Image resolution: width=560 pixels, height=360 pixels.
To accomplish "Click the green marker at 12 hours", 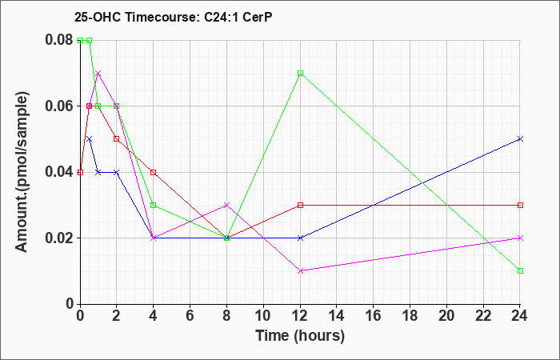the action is click(x=300, y=74).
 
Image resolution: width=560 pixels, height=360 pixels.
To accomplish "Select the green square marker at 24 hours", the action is click(x=520, y=270).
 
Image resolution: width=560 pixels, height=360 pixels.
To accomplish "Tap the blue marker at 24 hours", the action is click(x=520, y=139).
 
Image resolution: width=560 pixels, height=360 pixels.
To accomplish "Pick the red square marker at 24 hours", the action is click(x=520, y=205).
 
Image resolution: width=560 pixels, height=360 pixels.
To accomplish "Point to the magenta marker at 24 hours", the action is click(x=520, y=238).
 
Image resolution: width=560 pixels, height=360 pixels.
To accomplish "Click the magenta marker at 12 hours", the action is click(x=300, y=270).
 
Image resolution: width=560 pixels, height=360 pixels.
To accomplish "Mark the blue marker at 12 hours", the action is click(x=300, y=238).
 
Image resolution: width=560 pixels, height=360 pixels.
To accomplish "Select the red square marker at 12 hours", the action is click(x=300, y=205).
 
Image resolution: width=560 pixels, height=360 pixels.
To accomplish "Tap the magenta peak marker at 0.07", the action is click(x=98, y=74).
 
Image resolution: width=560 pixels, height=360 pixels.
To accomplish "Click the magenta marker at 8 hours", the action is click(x=226, y=205).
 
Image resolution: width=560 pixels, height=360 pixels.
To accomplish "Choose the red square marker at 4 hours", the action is click(x=154, y=172).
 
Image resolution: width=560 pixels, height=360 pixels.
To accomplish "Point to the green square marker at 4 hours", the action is click(x=154, y=205).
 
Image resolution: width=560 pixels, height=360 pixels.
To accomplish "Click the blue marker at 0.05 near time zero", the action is click(x=90, y=139).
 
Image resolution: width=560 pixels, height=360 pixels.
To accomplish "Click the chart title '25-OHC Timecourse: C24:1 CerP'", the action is click(x=174, y=17).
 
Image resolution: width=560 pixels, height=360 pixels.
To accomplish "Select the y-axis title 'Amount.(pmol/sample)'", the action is click(x=22, y=172).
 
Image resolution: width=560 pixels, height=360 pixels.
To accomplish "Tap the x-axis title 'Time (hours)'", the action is click(x=300, y=336).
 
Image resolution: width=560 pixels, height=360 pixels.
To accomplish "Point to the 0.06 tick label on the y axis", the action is click(x=60, y=106).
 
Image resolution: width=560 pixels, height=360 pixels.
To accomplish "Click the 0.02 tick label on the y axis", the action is click(x=60, y=238).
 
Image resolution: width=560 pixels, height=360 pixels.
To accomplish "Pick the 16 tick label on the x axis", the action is click(x=374, y=316).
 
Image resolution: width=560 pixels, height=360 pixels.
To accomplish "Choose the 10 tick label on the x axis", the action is click(x=263, y=316).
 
